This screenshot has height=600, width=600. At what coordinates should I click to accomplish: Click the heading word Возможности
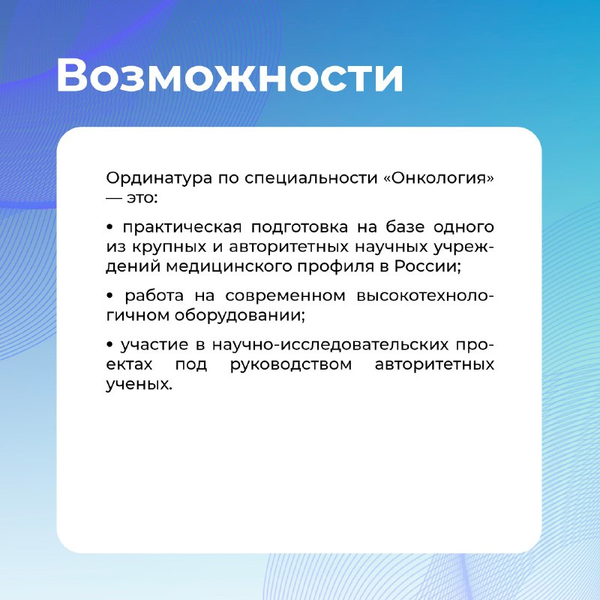tap(229, 76)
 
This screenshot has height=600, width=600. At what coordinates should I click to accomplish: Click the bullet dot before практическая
tap(109, 227)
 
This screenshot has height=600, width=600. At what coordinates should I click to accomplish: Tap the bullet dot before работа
tap(109, 295)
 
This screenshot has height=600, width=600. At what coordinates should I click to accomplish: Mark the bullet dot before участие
tap(109, 345)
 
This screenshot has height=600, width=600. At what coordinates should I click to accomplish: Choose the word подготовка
tap(299, 228)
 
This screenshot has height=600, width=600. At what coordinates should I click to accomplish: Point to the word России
tap(427, 266)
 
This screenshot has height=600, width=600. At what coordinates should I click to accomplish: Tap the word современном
tap(285, 296)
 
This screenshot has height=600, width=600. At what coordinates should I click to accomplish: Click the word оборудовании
tap(240, 316)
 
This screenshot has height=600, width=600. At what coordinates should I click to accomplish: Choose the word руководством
tap(291, 365)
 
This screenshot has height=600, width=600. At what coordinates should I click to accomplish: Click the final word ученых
tap(139, 385)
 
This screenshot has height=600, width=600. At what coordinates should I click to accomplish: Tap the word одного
tap(463, 228)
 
